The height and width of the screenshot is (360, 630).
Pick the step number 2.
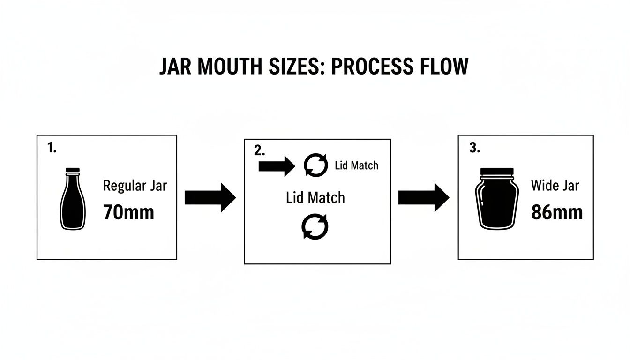point(259,150)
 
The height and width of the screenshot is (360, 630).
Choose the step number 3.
point(474,148)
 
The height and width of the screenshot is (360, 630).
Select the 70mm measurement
point(128,212)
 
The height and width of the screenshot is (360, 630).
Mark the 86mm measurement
point(556,212)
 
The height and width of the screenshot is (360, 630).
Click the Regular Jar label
point(135,186)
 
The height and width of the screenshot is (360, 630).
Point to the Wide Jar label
point(555,186)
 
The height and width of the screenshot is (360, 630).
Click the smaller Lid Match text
point(356,165)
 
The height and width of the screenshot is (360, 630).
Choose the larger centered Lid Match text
point(315,197)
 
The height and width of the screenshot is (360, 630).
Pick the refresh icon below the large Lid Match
point(315,227)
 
